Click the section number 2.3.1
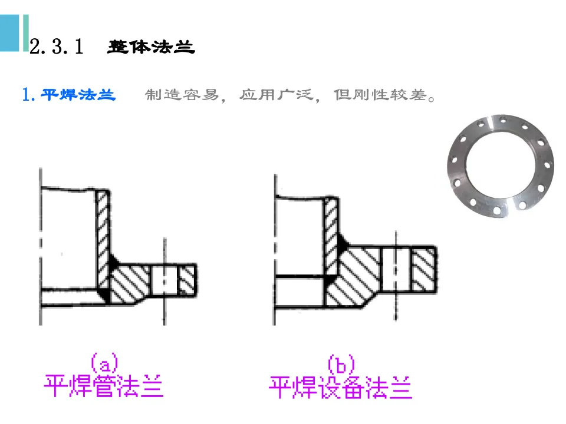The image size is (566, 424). pos(58,47)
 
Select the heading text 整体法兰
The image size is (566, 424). pos(151,47)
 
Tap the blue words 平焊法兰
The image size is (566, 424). pos(78,94)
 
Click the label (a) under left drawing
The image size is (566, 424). pos(104,361)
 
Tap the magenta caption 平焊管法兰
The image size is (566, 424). pos(104,386)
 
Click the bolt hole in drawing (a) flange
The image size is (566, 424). pos(164,280)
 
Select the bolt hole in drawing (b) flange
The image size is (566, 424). pos(395,268)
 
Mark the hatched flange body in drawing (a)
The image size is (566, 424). pos(133,283)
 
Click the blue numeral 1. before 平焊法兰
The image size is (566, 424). pos(29,94)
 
